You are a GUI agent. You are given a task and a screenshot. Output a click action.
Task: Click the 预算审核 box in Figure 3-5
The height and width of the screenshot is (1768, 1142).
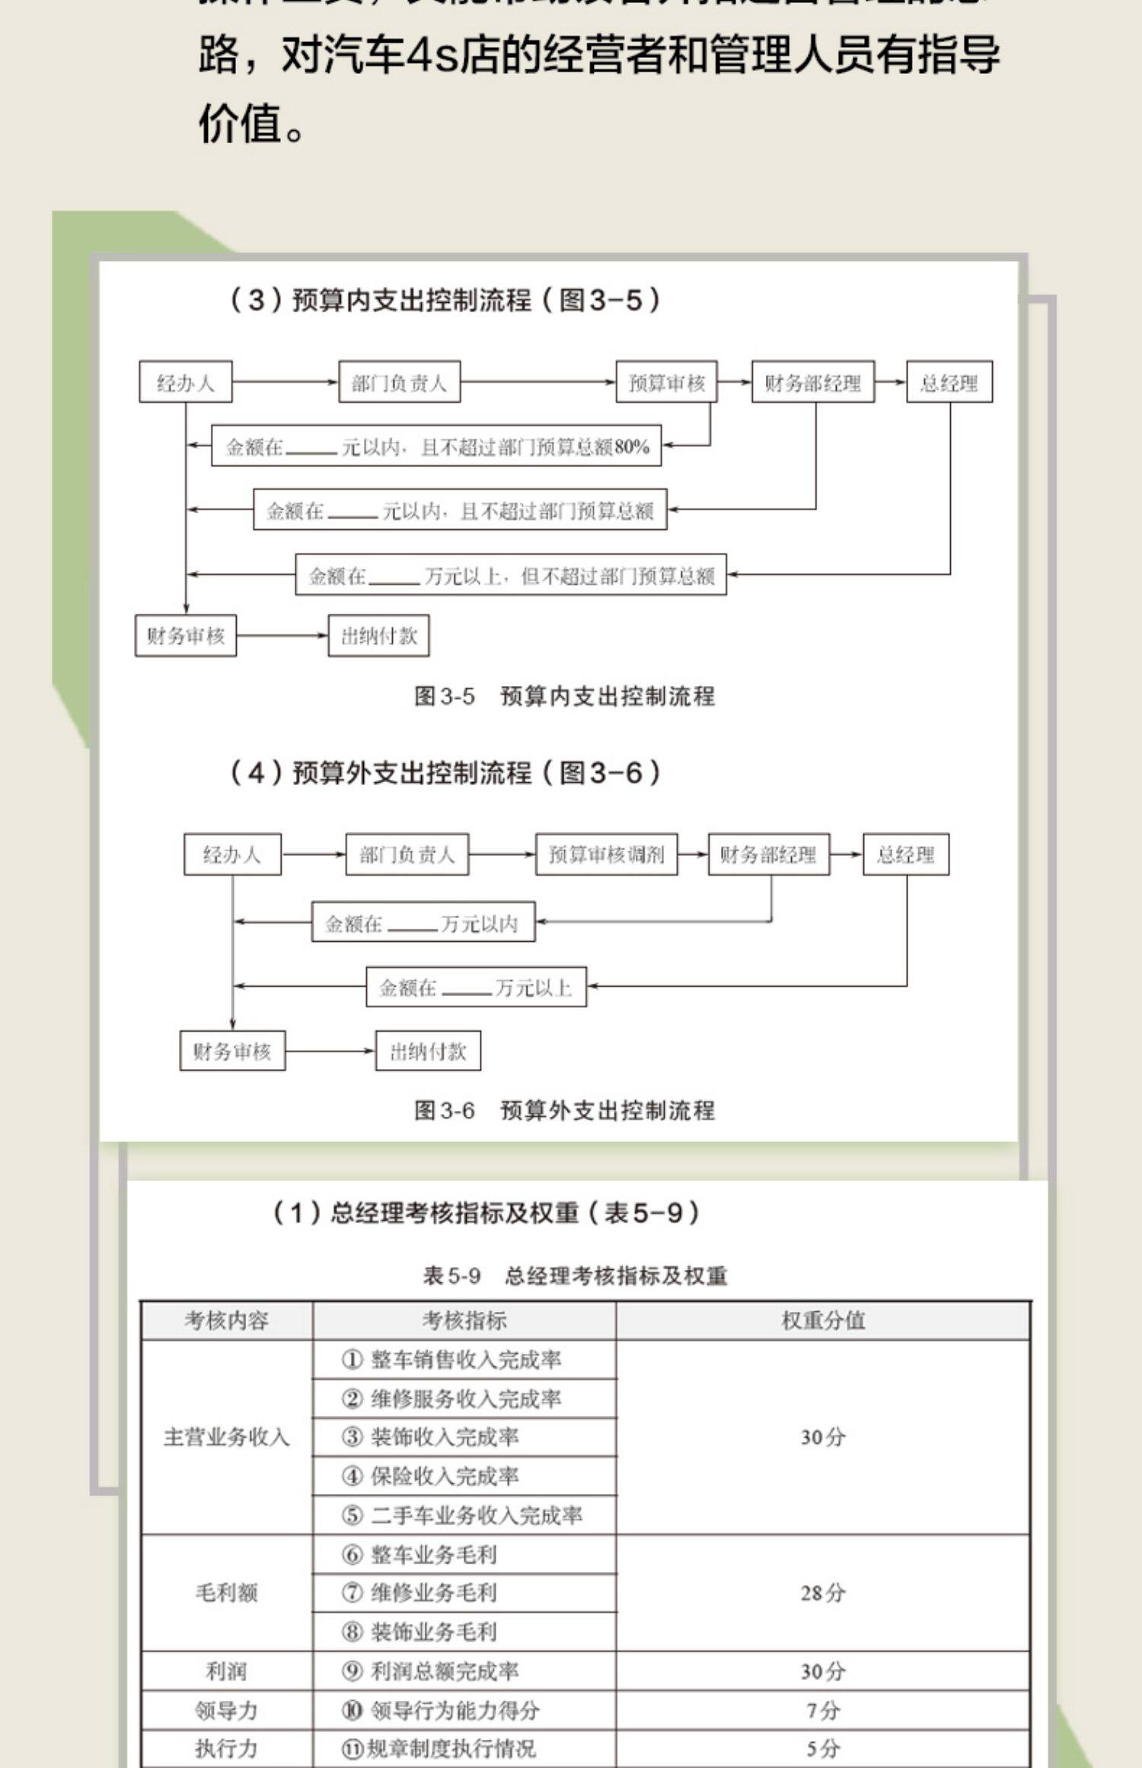click(666, 382)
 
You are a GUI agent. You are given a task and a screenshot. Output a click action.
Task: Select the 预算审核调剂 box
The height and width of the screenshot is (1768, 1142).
click(606, 854)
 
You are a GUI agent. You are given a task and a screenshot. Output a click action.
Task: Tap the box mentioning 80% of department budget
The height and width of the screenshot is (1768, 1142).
click(435, 446)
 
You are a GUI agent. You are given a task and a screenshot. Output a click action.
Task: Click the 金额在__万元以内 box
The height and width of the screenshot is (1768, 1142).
click(423, 923)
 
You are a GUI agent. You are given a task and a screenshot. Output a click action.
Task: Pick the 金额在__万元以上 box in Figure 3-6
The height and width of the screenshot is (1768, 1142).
click(476, 988)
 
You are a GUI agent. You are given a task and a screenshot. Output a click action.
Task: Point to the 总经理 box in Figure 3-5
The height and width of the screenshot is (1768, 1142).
click(949, 382)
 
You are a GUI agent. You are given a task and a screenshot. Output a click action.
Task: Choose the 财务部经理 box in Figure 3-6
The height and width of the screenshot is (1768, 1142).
click(768, 854)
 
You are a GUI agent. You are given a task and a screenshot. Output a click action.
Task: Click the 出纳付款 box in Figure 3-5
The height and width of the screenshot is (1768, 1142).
click(378, 636)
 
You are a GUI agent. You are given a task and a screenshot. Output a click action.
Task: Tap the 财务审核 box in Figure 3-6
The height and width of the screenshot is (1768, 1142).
click(232, 1052)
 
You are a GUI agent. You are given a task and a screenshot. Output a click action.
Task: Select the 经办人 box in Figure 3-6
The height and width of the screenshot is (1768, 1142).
click(232, 854)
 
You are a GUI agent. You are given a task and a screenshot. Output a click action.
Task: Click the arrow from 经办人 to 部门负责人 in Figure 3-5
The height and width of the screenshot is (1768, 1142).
click(285, 381)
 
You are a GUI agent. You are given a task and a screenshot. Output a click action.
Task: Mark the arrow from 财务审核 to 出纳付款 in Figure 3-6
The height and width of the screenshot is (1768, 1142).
click(330, 1052)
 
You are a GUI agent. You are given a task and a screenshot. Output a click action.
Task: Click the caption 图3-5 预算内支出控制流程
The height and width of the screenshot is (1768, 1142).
click(564, 696)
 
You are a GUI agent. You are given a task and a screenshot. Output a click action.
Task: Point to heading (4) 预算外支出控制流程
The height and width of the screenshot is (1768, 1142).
click(445, 773)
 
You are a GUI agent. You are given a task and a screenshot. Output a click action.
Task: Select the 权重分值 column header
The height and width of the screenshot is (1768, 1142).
click(823, 1320)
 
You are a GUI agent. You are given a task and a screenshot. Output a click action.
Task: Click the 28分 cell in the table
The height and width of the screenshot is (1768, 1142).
click(823, 1593)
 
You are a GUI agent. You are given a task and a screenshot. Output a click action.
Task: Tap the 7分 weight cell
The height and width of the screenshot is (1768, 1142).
click(823, 1711)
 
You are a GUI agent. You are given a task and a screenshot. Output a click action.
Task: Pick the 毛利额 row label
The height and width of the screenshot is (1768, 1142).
click(226, 1593)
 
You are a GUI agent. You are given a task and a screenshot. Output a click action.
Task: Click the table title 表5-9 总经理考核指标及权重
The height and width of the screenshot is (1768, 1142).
click(575, 1275)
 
